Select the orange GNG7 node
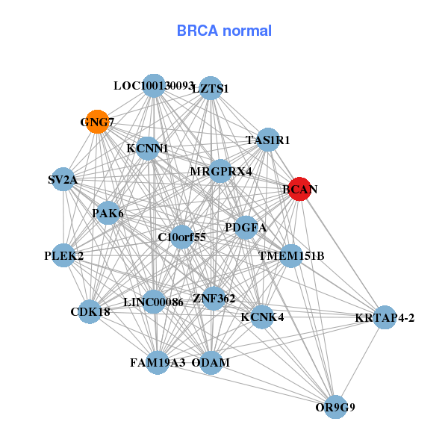[x=97, y=122]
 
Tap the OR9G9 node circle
[x=335, y=407]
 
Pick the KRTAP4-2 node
[x=384, y=317]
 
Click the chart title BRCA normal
[x=224, y=31]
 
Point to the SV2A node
[x=63, y=180]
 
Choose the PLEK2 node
[x=63, y=256]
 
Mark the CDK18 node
[x=90, y=311]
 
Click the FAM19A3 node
[x=157, y=363]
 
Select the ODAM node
[x=211, y=363]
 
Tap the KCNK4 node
[x=262, y=317]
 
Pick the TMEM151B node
[x=290, y=256]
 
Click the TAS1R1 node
[x=267, y=140]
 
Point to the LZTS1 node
[x=211, y=88]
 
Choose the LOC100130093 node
[x=153, y=85]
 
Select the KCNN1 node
[x=147, y=149]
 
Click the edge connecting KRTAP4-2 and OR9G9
[x=360, y=362]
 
